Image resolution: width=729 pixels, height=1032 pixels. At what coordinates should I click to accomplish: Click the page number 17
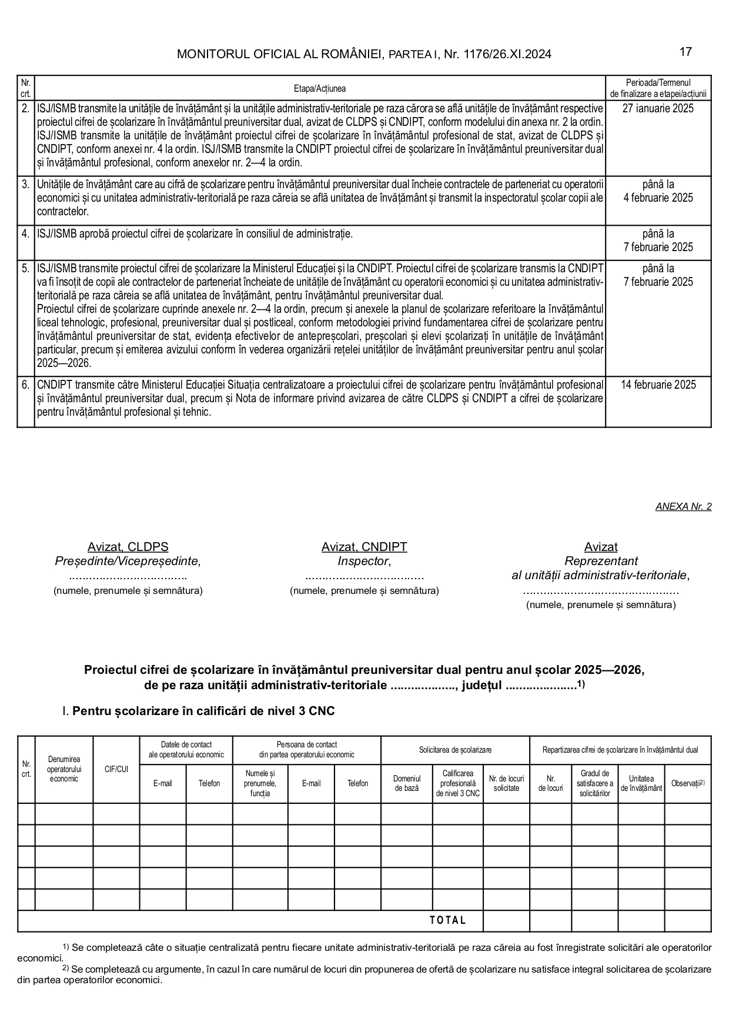pos(685,52)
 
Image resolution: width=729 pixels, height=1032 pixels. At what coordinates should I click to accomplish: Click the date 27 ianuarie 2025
pos(658,108)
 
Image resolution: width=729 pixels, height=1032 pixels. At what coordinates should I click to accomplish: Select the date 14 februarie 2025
pos(658,385)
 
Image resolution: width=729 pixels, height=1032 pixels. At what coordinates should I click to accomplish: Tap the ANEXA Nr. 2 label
pos(683,506)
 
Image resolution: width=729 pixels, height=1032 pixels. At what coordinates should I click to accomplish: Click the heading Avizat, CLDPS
pos(128,547)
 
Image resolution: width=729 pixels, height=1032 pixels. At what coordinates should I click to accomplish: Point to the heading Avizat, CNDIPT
pos(364,547)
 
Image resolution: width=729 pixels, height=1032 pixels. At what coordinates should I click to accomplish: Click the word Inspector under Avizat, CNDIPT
pos(364,561)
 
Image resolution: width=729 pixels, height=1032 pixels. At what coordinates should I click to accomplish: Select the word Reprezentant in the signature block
pos(601,561)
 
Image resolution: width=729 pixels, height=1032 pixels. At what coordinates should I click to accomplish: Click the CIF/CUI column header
pos(116,769)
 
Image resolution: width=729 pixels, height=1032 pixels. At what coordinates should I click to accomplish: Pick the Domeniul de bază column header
pos(407,783)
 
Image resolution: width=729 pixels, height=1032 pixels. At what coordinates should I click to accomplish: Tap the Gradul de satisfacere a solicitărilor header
pos(594,783)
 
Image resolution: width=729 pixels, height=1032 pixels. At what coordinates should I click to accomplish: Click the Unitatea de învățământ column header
pos(641,783)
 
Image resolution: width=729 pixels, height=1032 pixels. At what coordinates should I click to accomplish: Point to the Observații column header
pos(687,783)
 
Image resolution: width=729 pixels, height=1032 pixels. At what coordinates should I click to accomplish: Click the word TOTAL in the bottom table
pos(448,920)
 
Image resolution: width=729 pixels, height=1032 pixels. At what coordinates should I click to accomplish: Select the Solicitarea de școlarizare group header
pos(455,750)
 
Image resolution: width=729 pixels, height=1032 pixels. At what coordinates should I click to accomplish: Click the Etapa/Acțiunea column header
pos(320,89)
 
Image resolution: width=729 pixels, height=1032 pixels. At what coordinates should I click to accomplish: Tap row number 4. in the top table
pos(26,233)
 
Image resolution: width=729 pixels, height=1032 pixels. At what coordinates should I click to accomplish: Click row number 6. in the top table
pos(26,385)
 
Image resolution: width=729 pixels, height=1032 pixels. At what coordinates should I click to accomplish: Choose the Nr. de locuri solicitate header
pos(506,783)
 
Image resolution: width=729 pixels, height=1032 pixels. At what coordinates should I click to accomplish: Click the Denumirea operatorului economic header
pos(64,769)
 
